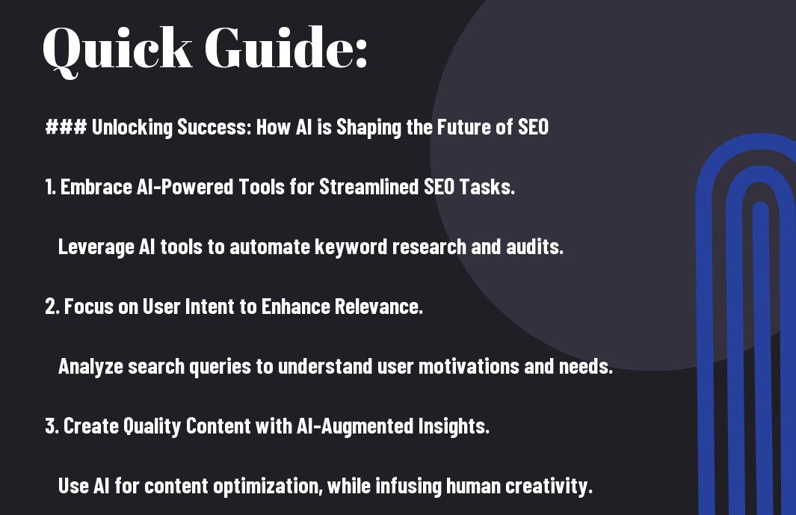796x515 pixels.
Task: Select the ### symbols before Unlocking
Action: pyautogui.click(x=66, y=126)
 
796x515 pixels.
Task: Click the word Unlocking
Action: pyautogui.click(x=132, y=127)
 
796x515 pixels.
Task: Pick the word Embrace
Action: pyautogui.click(x=96, y=187)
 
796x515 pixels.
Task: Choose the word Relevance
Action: pyautogui.click(x=378, y=306)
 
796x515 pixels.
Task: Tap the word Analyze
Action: pyautogui.click(x=91, y=367)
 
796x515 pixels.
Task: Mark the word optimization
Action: pyautogui.click(x=268, y=487)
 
